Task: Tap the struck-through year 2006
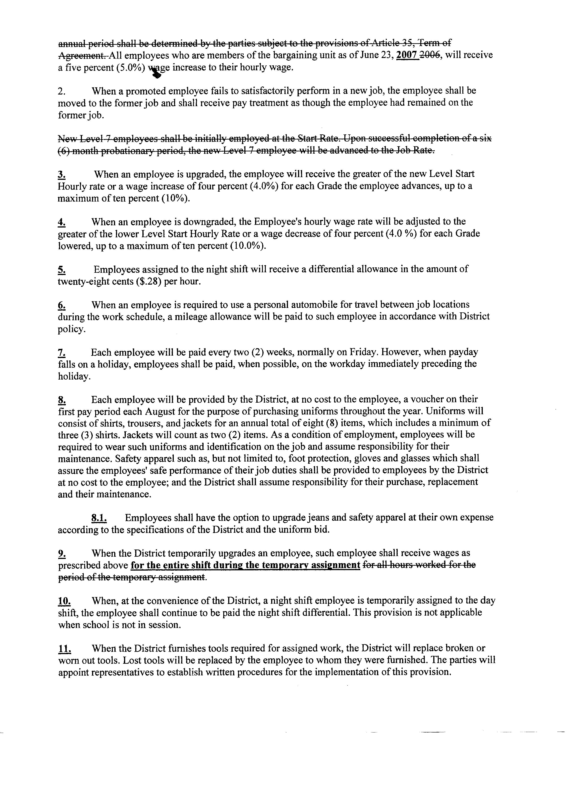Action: (x=431, y=55)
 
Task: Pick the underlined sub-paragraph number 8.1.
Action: (x=99, y=518)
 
